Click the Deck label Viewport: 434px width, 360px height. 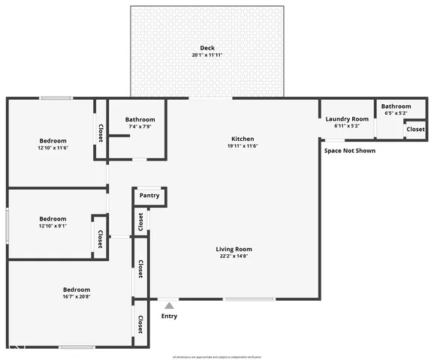point(206,47)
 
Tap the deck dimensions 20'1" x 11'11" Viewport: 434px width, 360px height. point(206,55)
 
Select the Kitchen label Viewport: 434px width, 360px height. point(243,139)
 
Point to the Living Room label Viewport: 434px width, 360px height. point(234,249)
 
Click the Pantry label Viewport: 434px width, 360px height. point(149,196)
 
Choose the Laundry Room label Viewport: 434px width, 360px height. point(347,119)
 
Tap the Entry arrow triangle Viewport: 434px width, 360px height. point(170,305)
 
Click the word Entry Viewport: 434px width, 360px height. point(170,316)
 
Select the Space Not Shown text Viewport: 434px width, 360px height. point(350,151)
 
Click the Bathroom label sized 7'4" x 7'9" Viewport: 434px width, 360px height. point(140,119)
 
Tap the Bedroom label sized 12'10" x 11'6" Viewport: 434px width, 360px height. point(53,140)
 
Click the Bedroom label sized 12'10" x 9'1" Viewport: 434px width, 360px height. point(53,219)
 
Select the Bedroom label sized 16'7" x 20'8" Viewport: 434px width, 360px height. point(77,289)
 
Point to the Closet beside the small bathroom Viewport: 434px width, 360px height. point(415,129)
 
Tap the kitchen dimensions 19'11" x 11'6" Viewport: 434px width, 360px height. point(243,146)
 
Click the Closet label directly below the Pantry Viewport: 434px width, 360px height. point(140,223)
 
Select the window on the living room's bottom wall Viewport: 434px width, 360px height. point(249,299)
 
